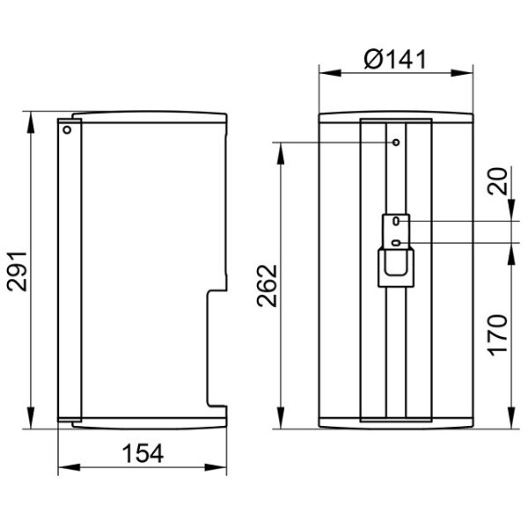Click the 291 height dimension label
point(17,271)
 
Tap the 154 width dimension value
point(143,453)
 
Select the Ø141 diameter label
point(395,59)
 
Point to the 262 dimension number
point(267,286)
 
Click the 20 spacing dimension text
point(497,181)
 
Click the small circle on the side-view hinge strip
point(67,129)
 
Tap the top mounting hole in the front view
point(396,143)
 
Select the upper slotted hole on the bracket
point(396,221)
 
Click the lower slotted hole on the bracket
point(396,243)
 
